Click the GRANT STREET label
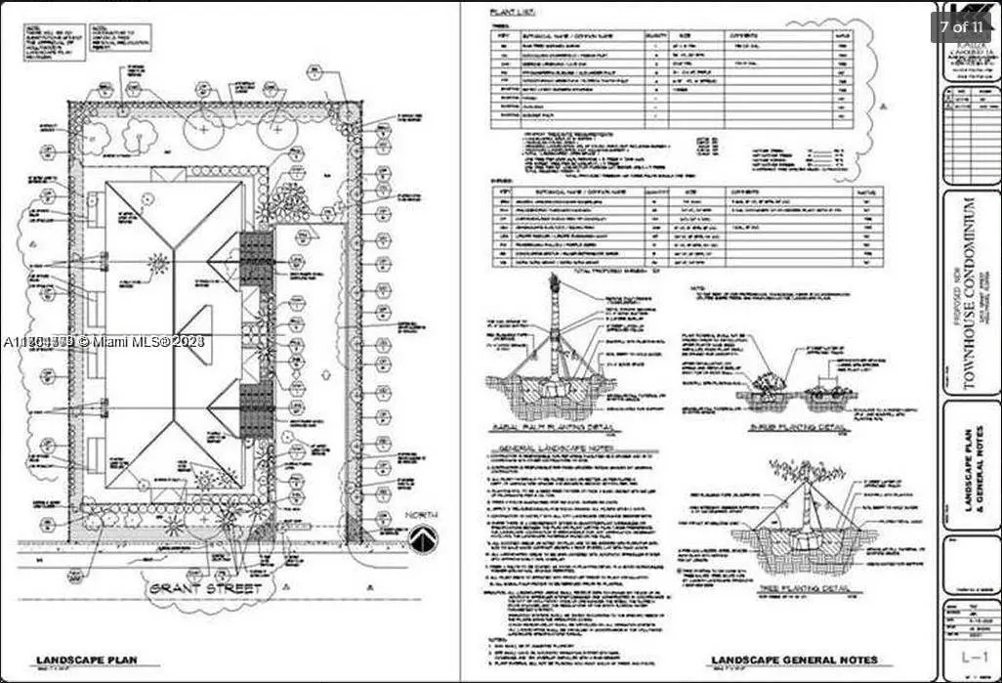[x=206, y=589]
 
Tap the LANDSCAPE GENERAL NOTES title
[x=794, y=661]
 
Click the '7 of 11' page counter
[x=962, y=26]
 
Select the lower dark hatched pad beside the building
[x=256, y=407]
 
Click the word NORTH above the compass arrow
[x=424, y=515]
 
